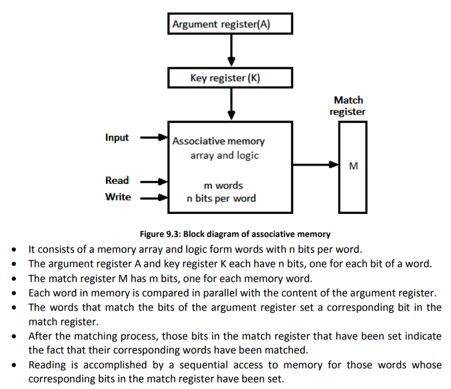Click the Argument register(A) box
(x=230, y=24)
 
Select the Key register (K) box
(x=230, y=78)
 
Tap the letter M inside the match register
(x=353, y=166)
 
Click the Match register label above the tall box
(x=348, y=106)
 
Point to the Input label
(x=117, y=137)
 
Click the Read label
(x=117, y=181)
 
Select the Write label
(x=118, y=197)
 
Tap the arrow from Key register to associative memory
(x=231, y=104)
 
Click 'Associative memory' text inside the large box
(x=218, y=141)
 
